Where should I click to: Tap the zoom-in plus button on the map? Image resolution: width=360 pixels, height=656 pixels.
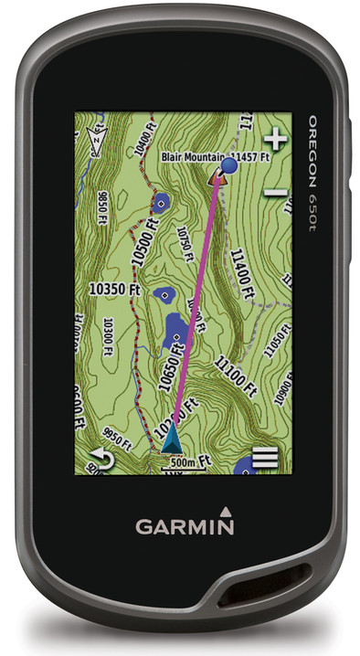pos(275,141)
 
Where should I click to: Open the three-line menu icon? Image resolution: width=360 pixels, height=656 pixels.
pos(265,458)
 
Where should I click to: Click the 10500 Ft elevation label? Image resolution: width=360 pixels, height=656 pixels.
pos(143,243)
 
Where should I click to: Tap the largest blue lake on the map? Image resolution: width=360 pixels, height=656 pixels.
pos(177,330)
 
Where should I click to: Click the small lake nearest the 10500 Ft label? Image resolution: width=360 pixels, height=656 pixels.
pos(163,203)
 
